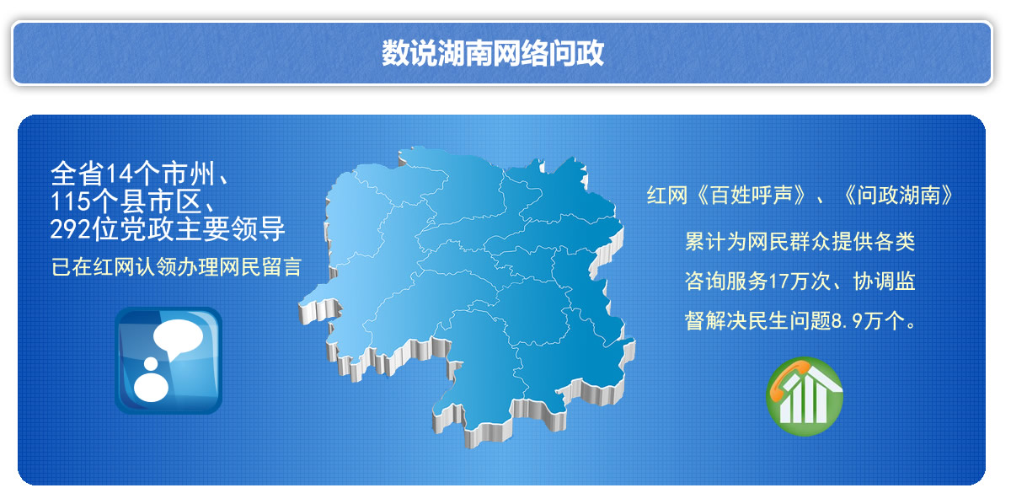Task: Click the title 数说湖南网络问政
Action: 492,53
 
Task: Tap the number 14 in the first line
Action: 119,174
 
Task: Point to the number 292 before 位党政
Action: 71,229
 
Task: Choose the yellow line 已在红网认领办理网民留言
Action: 176,266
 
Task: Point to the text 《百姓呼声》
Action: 751,196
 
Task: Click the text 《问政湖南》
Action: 898,196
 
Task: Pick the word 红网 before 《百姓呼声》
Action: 667,196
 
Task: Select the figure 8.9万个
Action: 869,321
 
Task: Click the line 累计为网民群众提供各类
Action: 800,242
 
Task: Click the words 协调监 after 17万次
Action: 884,281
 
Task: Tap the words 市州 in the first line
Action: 188,174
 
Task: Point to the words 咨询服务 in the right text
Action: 726,281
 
